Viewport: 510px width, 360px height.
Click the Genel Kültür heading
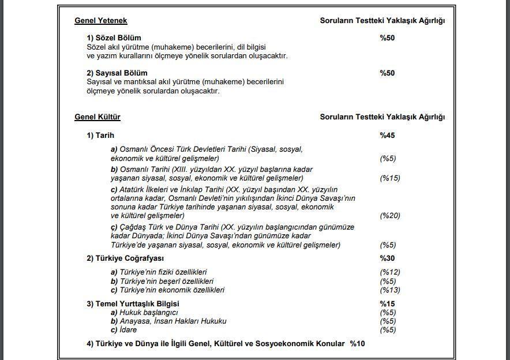(x=97, y=117)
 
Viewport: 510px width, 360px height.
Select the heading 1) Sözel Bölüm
(x=114, y=38)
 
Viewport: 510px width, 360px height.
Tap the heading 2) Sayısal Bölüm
(x=117, y=73)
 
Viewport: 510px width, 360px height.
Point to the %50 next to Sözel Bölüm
(x=387, y=38)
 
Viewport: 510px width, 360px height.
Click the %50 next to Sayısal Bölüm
(x=387, y=73)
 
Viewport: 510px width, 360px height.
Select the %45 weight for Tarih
(x=387, y=136)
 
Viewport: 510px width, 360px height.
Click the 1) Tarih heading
(x=100, y=136)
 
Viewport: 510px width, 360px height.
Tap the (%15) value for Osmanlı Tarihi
(x=389, y=178)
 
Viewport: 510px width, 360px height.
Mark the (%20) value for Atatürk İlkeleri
(x=389, y=216)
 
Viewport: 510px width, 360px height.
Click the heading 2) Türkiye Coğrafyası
(x=125, y=258)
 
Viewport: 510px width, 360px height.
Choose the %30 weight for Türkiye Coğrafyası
(x=387, y=258)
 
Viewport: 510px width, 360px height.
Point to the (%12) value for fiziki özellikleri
(x=389, y=272)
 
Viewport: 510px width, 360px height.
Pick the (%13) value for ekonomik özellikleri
(x=389, y=290)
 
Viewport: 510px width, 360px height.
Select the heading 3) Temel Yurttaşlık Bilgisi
(x=133, y=304)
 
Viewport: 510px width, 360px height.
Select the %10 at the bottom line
(x=357, y=344)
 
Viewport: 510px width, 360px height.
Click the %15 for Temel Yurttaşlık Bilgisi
(x=387, y=304)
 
